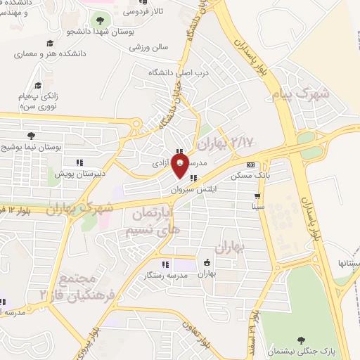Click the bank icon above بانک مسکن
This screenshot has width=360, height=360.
250,165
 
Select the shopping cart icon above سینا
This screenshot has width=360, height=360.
258,196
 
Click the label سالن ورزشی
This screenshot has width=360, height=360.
148,48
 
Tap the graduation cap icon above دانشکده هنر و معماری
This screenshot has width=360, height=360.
50,44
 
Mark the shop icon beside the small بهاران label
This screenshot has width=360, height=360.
207,263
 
